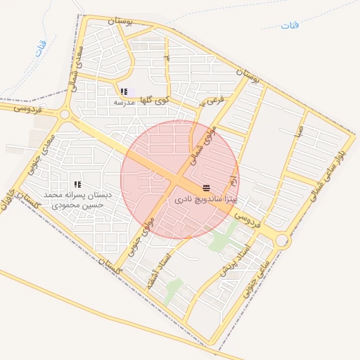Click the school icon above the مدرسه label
pyautogui.click(x=124, y=91)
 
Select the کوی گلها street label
pyautogui.click(x=154, y=101)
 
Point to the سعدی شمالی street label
pyautogui.click(x=76, y=68)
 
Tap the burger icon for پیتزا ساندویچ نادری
pyautogui.click(x=206, y=188)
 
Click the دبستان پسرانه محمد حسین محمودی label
pyautogui.click(x=74, y=200)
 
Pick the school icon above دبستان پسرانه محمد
pyautogui.click(x=77, y=184)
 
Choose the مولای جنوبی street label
pyautogui.click(x=146, y=234)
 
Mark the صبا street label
pyautogui.click(x=300, y=132)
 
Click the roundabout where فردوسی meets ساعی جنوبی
pyautogui.click(x=282, y=240)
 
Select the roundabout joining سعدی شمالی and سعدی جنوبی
pyautogui.click(x=65, y=114)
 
